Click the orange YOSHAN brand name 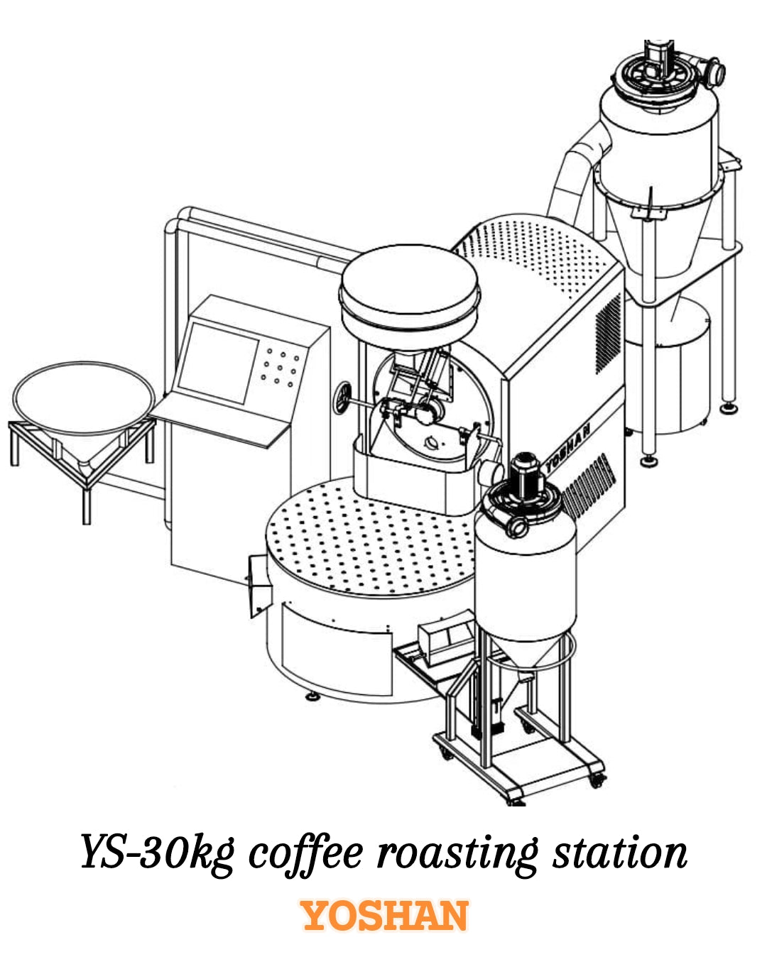(385, 916)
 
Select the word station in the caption (619, 852)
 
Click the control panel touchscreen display (218, 362)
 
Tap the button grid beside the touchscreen (278, 367)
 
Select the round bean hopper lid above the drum (409, 288)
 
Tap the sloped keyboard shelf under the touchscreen (220, 422)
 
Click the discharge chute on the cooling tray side (259, 586)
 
